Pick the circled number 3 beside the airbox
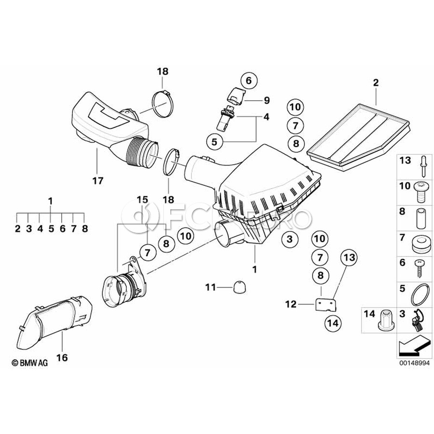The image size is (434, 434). pos(289,239)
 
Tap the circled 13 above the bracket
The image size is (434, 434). pos(349,258)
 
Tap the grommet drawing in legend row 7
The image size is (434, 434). pos(421,243)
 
